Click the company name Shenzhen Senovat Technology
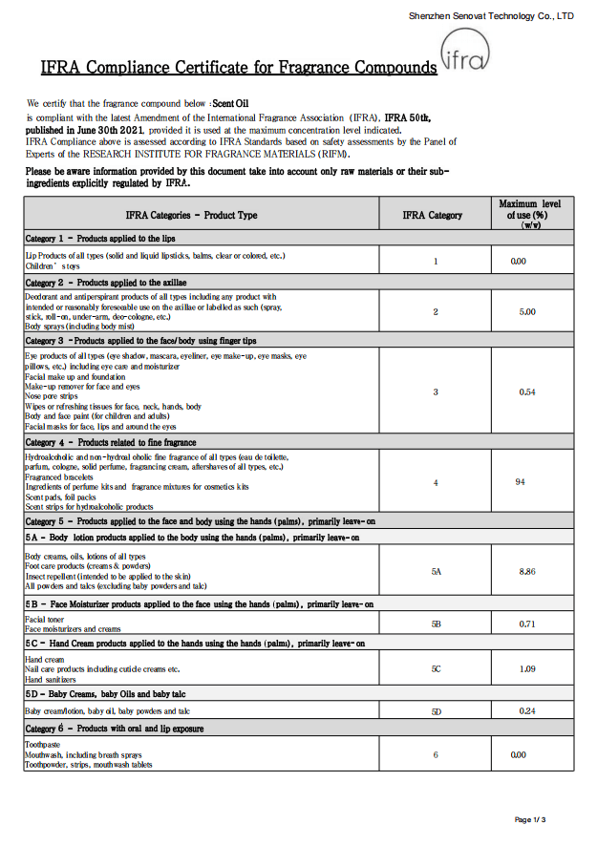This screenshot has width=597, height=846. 491,16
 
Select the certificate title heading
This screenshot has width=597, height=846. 238,67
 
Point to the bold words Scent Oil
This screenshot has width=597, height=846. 229,102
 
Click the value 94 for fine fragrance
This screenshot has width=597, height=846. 521,482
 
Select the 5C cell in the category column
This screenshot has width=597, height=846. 436,668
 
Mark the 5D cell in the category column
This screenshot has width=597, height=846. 436,711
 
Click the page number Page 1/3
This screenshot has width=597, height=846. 530,820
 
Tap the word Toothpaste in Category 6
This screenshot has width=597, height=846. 42,745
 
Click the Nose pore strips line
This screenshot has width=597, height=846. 52,396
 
